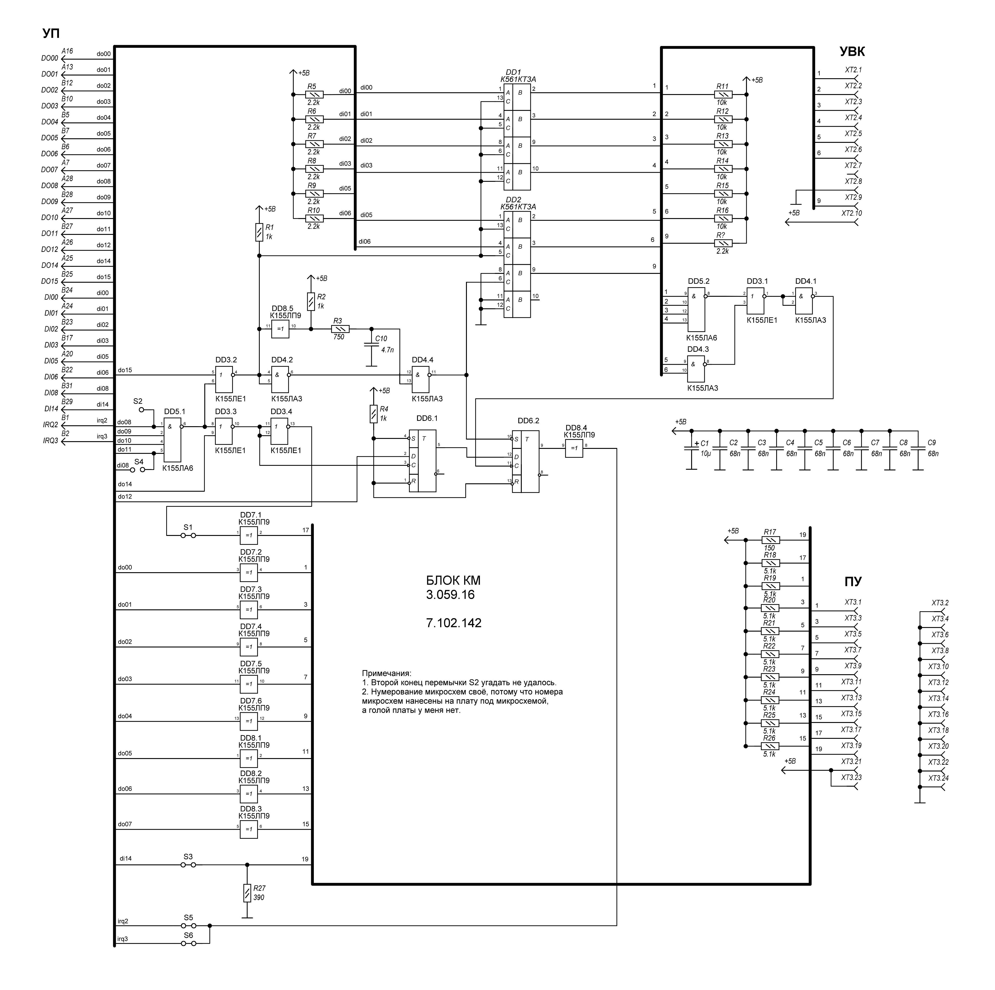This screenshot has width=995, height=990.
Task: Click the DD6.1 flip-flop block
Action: (x=422, y=461)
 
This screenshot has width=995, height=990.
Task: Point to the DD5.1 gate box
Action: (x=173, y=439)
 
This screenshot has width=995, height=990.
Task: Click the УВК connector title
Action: (x=852, y=51)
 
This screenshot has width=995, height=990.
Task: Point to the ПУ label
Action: (x=853, y=582)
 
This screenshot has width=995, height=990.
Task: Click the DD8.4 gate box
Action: (x=574, y=448)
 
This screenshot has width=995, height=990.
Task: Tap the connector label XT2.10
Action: (x=851, y=213)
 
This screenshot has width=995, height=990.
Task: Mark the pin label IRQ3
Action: (x=51, y=441)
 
